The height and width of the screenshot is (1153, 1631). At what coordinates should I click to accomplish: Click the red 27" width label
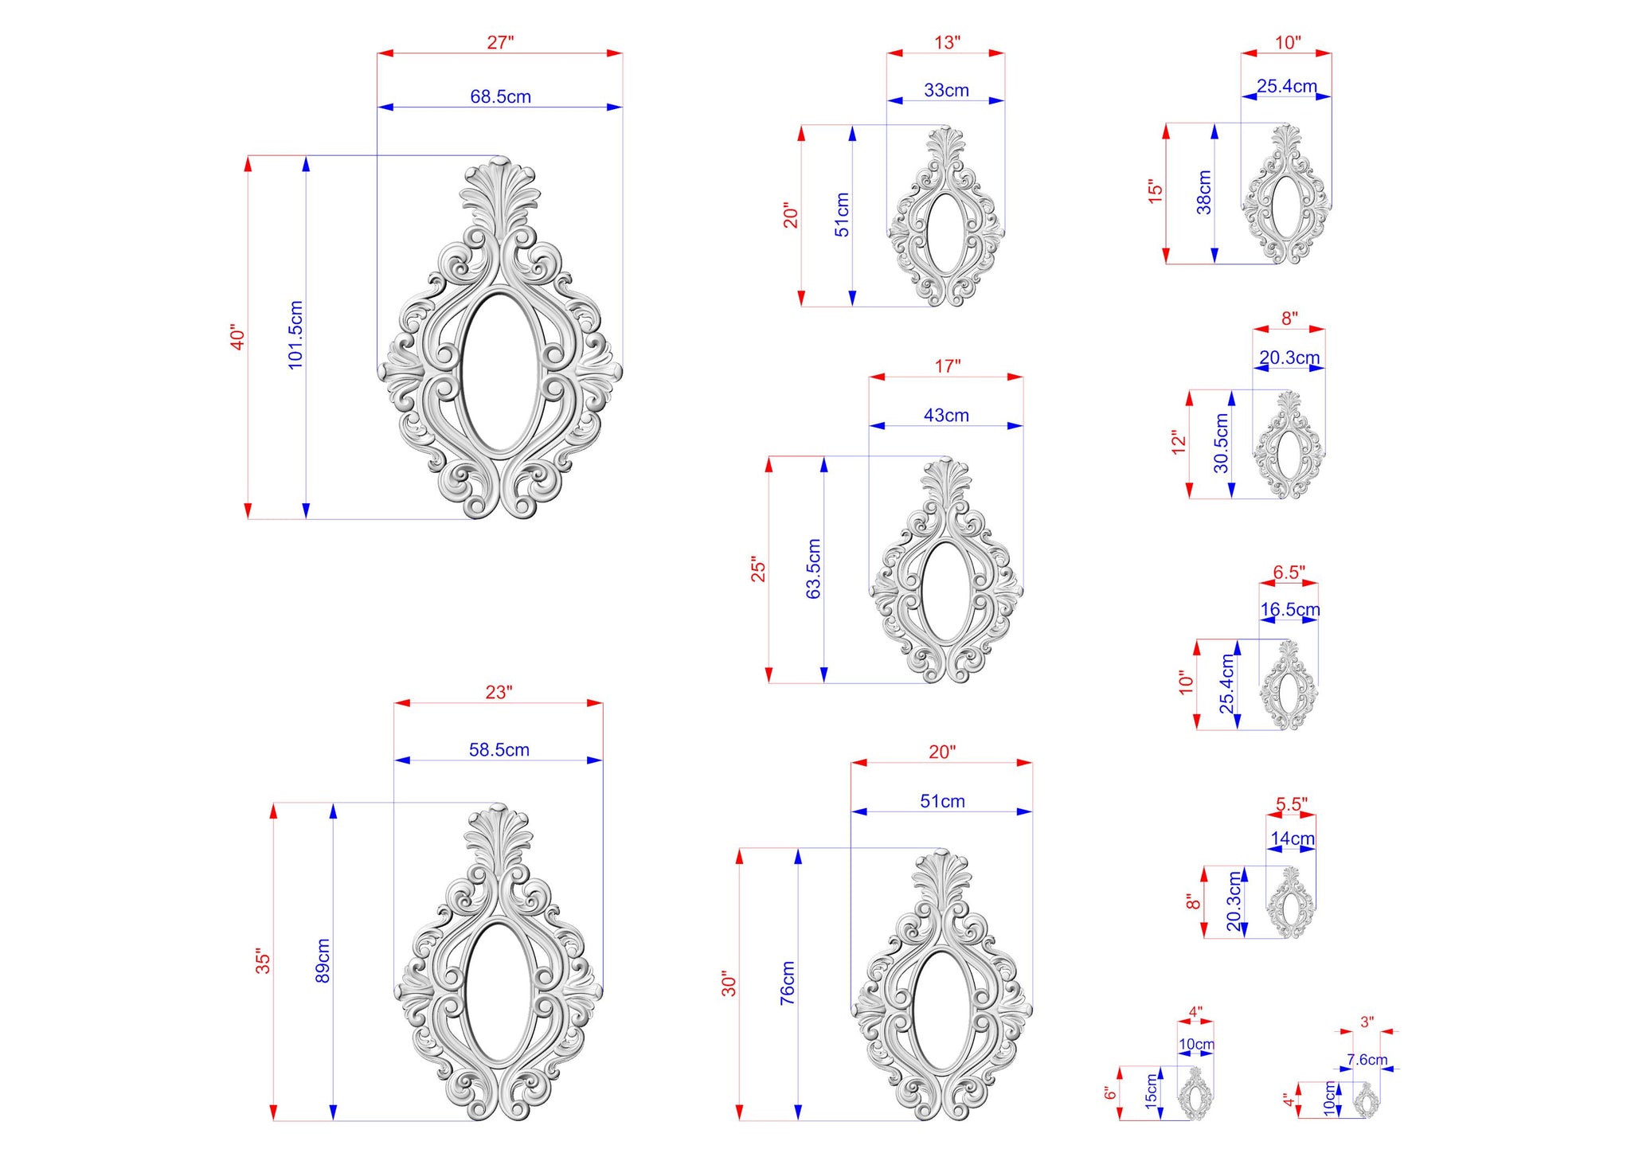click(x=500, y=42)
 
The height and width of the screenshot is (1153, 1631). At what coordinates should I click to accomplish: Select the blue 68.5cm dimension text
click(x=500, y=96)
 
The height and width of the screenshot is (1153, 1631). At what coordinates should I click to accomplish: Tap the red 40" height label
click(x=237, y=337)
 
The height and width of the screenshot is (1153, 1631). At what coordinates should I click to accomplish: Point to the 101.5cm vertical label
click(x=295, y=334)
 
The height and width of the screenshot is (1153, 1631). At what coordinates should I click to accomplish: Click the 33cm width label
click(x=946, y=90)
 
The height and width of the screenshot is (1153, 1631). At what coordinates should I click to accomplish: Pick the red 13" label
click(x=947, y=42)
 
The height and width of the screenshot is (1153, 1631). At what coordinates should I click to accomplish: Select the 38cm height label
click(x=1204, y=193)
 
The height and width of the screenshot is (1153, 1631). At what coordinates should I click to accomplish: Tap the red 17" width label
click(x=947, y=366)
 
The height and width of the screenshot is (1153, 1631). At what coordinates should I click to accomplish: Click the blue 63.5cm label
click(x=813, y=569)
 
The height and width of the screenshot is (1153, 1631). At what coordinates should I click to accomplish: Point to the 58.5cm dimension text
click(x=499, y=749)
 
